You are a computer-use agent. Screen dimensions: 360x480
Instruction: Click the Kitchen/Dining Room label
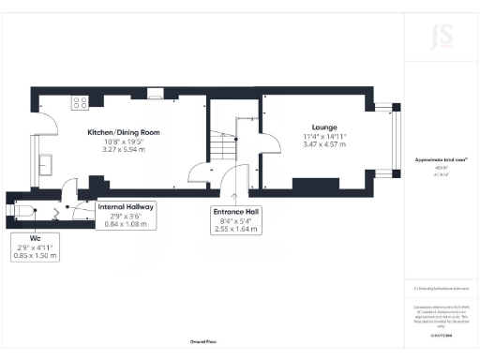[x=124, y=133]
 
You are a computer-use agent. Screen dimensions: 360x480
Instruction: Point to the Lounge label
[x=324, y=127]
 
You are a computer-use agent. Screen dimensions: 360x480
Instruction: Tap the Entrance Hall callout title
[x=235, y=212]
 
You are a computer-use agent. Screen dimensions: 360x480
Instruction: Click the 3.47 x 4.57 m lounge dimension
[x=324, y=145]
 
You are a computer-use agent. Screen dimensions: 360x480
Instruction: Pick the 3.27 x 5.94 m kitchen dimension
[x=124, y=149]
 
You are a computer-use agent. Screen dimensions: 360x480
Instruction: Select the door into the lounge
[x=269, y=145]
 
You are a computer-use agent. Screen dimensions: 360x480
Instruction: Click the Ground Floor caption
[x=203, y=344]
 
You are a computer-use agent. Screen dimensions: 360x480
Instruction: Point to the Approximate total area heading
[x=441, y=161]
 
